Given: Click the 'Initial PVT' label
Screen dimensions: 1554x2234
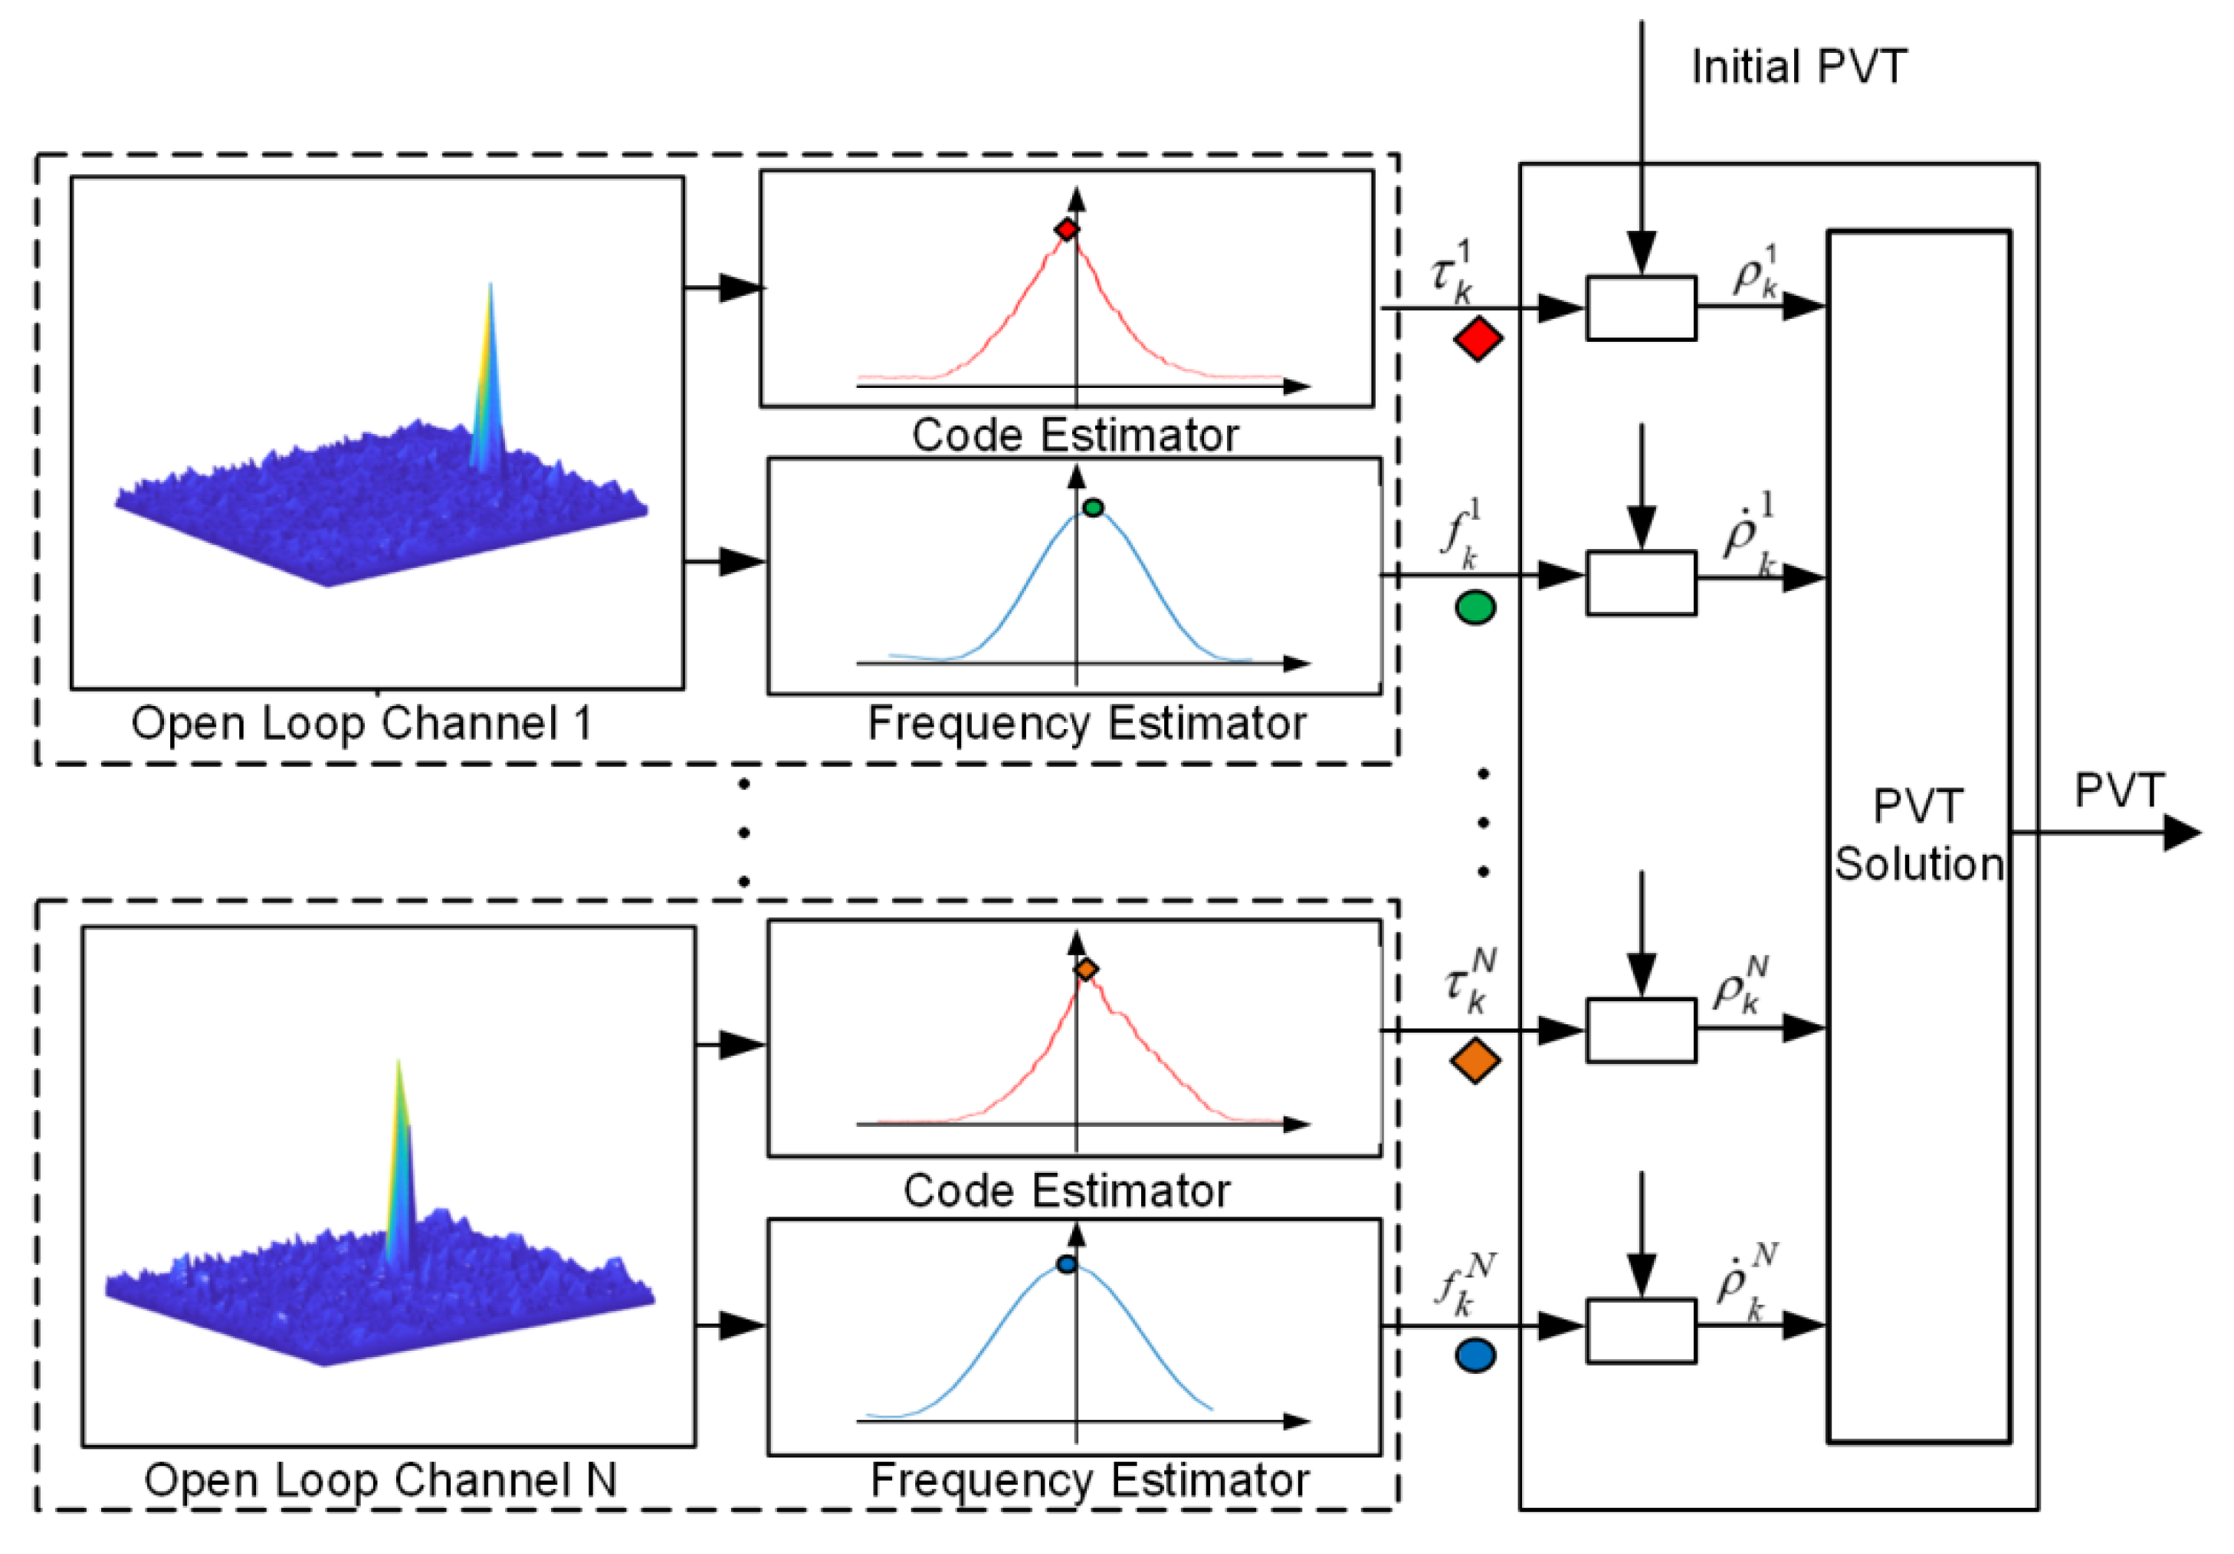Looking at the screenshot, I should [x=1798, y=67].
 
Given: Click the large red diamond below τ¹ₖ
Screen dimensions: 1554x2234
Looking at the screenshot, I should [x=1478, y=339].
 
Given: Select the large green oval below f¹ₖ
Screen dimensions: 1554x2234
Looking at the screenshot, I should [x=1475, y=608].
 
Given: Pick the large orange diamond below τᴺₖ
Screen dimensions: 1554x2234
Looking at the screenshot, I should [x=1475, y=1060].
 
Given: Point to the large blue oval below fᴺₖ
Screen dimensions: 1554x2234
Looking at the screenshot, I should [x=1475, y=1356].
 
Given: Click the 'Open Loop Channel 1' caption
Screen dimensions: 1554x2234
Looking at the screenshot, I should [x=362, y=723].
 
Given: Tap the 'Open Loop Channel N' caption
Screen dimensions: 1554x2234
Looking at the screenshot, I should [x=380, y=1480].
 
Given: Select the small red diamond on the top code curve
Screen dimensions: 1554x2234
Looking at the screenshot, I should [x=1066, y=230].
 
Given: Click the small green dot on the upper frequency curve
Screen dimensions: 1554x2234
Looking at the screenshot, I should [x=1093, y=507].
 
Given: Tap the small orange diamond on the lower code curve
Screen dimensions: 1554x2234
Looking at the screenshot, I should [x=1086, y=969].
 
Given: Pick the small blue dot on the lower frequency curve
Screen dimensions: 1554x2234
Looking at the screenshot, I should [x=1066, y=1265].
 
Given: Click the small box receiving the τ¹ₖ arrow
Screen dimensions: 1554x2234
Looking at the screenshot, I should [x=1641, y=308].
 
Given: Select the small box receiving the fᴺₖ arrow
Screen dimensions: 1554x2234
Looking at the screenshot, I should [x=1641, y=1330].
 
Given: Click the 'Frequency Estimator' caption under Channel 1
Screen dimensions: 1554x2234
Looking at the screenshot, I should [x=1087, y=724].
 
